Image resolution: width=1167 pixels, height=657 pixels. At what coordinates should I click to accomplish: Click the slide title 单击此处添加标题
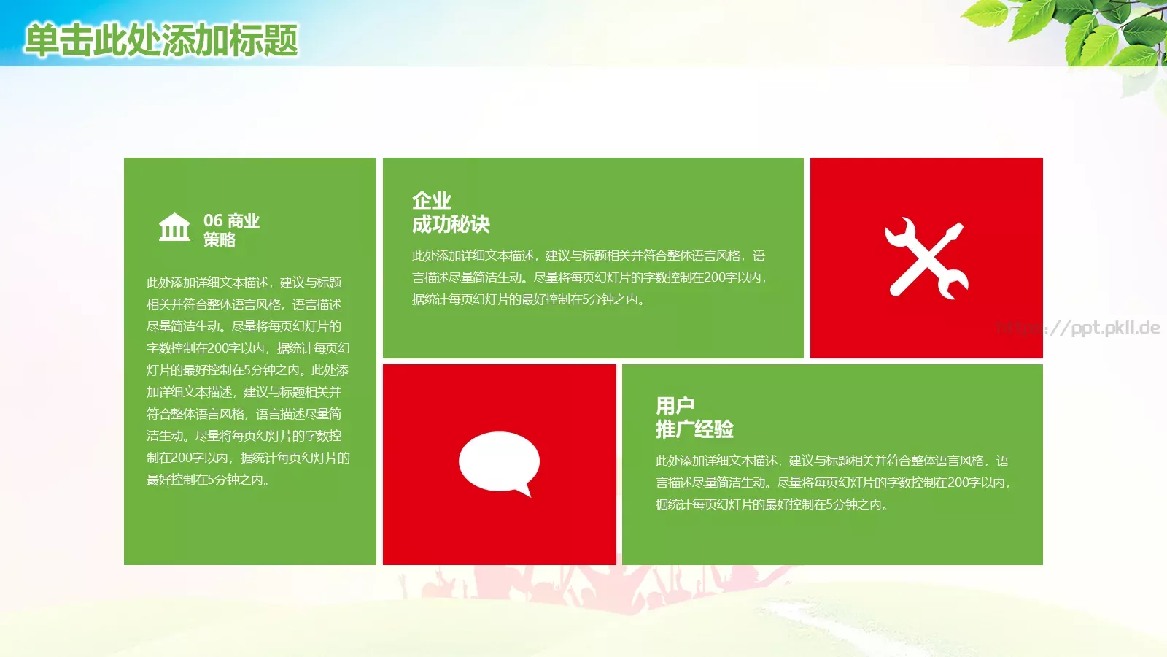pyautogui.click(x=161, y=40)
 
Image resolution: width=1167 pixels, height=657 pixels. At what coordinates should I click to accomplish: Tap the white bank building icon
pyautogui.click(x=174, y=228)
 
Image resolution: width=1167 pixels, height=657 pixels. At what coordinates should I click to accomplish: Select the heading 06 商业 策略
pyautogui.click(x=231, y=230)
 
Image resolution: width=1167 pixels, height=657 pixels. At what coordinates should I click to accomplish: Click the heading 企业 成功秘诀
pyautogui.click(x=451, y=212)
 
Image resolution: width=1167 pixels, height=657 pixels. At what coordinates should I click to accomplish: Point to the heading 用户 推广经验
pyautogui.click(x=694, y=418)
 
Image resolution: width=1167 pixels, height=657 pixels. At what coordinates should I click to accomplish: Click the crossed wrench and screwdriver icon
pyautogui.click(x=926, y=258)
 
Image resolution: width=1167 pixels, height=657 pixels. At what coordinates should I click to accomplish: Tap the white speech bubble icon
pyautogui.click(x=499, y=461)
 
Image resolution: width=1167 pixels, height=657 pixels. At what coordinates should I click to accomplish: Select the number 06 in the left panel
pyautogui.click(x=213, y=220)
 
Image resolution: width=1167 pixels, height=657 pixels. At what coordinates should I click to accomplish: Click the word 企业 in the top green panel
pyautogui.click(x=432, y=200)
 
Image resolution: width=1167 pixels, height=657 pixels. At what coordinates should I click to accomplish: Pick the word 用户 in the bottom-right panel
pyautogui.click(x=675, y=405)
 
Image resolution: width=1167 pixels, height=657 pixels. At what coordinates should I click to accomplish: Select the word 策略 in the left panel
pyautogui.click(x=219, y=240)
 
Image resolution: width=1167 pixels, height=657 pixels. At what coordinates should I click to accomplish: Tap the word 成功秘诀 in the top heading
pyautogui.click(x=451, y=224)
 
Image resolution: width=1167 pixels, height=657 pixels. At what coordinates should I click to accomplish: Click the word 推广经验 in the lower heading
pyautogui.click(x=694, y=429)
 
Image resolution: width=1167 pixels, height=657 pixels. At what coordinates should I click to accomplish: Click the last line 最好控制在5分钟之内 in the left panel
pyautogui.click(x=209, y=480)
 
